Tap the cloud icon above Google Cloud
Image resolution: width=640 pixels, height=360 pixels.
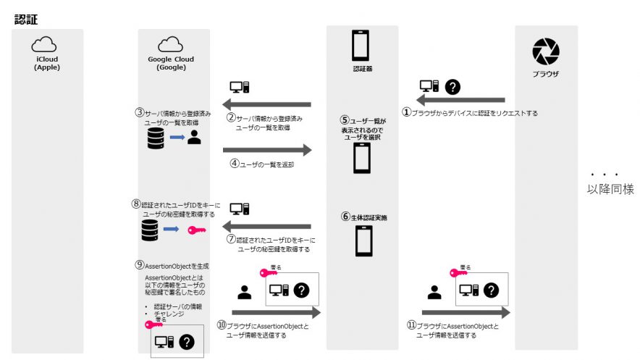click(170, 43)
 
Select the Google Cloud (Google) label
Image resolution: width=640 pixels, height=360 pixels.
click(171, 63)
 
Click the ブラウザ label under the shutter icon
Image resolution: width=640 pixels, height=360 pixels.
click(545, 74)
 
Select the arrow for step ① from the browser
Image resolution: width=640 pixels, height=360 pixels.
click(460, 100)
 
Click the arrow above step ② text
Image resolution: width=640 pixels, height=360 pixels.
click(266, 104)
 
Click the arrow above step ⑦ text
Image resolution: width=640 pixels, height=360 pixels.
click(266, 226)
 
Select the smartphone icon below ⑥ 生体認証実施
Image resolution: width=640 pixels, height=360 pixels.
click(363, 240)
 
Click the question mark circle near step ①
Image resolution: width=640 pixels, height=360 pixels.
click(453, 86)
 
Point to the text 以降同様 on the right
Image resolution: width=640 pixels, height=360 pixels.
click(610, 189)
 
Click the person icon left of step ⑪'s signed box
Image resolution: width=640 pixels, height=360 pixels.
click(434, 292)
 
